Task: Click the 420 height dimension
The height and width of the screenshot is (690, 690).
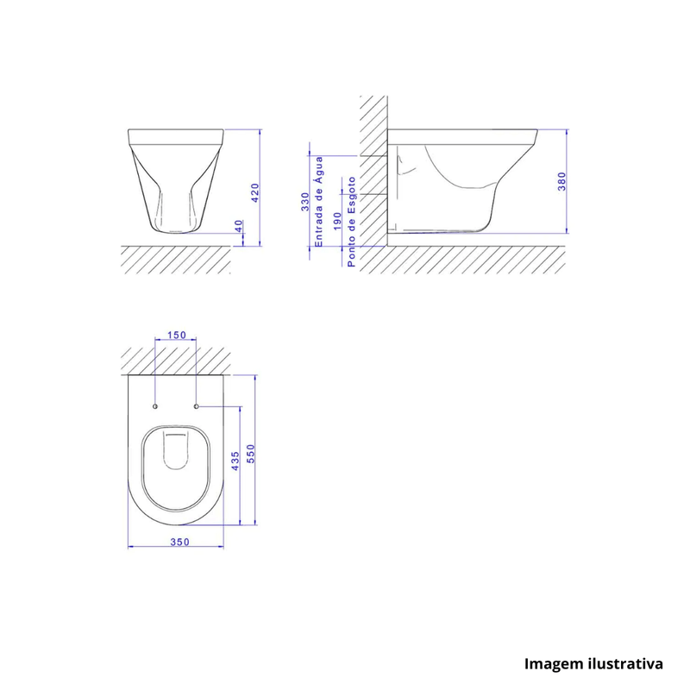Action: [254, 192]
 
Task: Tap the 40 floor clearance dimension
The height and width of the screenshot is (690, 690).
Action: [238, 226]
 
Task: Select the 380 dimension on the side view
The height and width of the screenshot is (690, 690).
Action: [562, 181]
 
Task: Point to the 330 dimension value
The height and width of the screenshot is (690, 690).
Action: [305, 202]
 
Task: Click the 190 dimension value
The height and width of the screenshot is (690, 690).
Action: [337, 222]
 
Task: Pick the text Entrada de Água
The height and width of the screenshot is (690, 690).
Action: [318, 202]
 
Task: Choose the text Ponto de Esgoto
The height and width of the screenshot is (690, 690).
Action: [351, 222]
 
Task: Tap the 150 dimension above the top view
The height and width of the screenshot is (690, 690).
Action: [177, 335]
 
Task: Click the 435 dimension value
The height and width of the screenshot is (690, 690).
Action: [235, 461]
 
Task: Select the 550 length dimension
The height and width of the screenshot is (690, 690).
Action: [250, 454]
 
